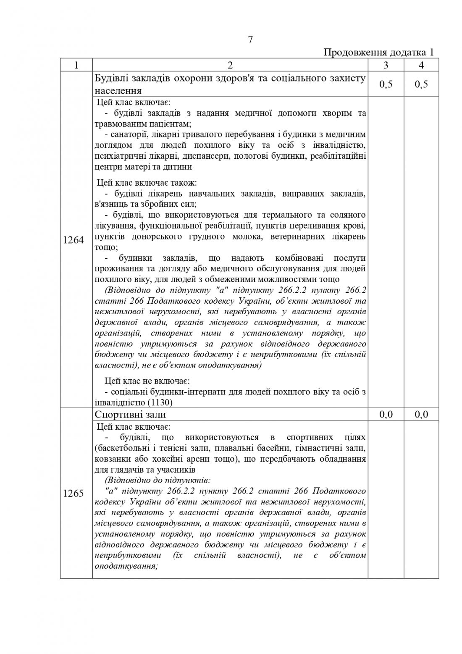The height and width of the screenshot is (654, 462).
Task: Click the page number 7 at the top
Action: [250, 40]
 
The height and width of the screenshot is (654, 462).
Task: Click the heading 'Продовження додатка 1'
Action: [378, 53]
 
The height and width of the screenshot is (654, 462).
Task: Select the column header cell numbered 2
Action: [230, 65]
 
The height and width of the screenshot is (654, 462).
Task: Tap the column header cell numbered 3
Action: [386, 65]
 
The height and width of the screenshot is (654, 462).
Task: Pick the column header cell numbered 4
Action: [421, 65]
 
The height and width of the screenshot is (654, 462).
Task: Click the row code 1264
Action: [73, 240]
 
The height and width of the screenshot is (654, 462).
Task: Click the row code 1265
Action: [73, 494]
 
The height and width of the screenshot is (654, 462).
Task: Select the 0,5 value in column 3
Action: [386, 84]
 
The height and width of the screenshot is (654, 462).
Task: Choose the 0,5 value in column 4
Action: [421, 84]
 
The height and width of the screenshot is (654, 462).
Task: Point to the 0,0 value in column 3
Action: [386, 415]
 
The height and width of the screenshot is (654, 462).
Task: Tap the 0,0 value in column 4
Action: [421, 415]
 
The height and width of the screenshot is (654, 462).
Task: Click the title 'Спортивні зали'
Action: [130, 415]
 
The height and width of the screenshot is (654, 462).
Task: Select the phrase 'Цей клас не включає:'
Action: [147, 381]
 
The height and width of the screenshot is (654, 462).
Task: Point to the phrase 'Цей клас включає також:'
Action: [147, 183]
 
